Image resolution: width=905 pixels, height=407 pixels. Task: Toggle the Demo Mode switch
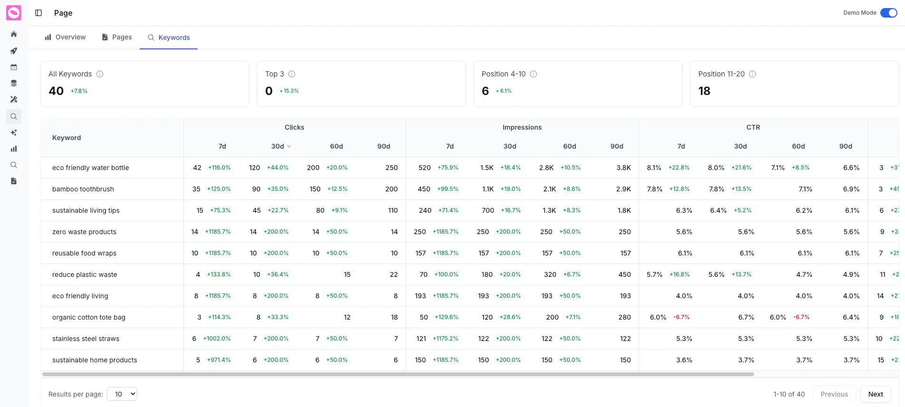coord(888,13)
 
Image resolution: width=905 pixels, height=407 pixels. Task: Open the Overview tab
coord(65,37)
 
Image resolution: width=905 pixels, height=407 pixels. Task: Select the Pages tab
coord(117,37)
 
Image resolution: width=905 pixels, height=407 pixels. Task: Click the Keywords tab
coord(169,38)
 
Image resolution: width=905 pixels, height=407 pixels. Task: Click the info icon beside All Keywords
coord(100,74)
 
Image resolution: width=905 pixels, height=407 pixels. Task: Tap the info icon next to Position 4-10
coord(533,74)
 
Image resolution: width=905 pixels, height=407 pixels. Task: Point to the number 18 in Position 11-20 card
coord(704,91)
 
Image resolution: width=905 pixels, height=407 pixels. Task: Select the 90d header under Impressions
coord(617,146)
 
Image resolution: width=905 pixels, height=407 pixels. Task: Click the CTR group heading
coord(753,127)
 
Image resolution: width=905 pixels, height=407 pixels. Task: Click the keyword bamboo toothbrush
coord(83,189)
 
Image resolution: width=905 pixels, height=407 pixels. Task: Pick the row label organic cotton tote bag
coord(89,317)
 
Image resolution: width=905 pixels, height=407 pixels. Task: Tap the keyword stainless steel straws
coord(86,339)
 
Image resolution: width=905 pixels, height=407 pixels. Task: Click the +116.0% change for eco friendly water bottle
coord(219,168)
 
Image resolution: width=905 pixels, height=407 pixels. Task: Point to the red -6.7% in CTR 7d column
coord(681,317)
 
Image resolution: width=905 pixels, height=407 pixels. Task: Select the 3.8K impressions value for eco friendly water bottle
coord(623,168)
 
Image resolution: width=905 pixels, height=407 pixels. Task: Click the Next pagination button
coord(875,394)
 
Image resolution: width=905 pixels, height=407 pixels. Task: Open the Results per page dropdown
coord(122,394)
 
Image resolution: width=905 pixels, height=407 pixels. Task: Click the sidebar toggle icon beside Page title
coord(38,13)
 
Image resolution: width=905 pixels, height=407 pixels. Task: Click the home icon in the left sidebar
coord(14,34)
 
